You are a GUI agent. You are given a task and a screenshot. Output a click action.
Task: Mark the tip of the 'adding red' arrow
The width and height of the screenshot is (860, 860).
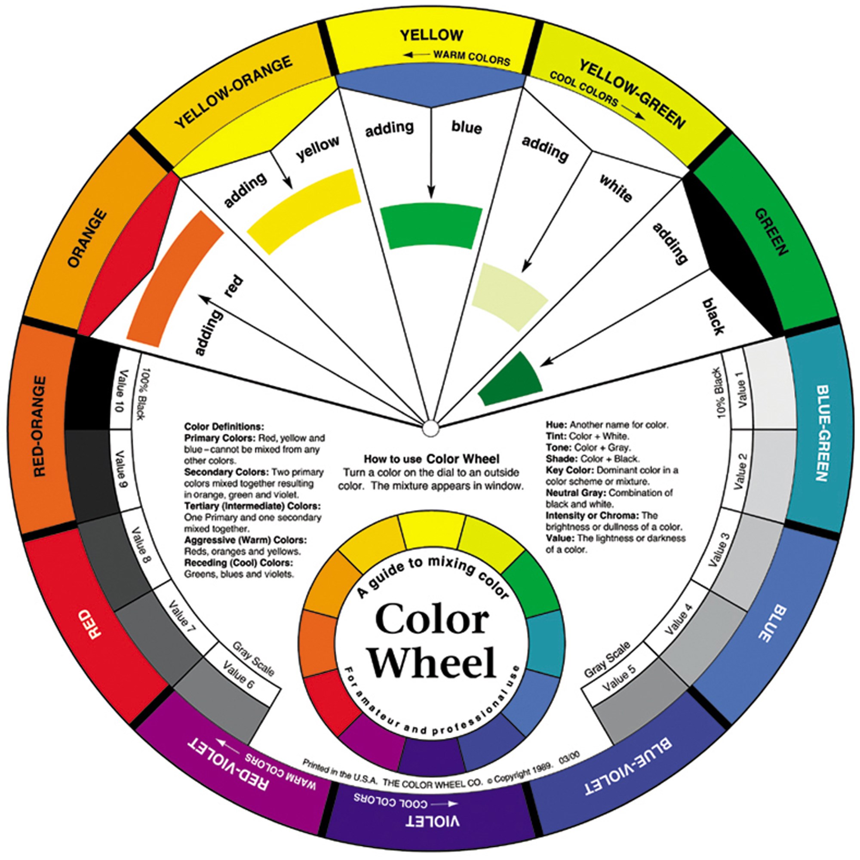[x=200, y=295]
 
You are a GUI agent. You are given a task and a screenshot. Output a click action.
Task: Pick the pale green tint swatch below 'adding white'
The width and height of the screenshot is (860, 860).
[x=509, y=296]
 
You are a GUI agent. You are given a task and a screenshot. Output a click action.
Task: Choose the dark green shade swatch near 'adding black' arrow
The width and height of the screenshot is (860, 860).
[x=510, y=379]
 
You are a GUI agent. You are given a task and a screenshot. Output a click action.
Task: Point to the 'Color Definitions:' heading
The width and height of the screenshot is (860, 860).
[x=224, y=426]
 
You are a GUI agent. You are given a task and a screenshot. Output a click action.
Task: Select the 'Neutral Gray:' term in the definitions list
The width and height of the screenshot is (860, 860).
[x=576, y=493]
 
